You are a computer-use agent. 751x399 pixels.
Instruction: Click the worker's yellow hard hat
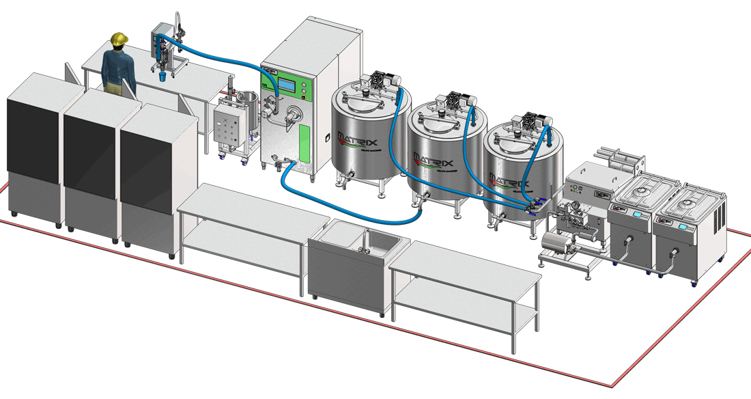[x=120, y=39]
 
